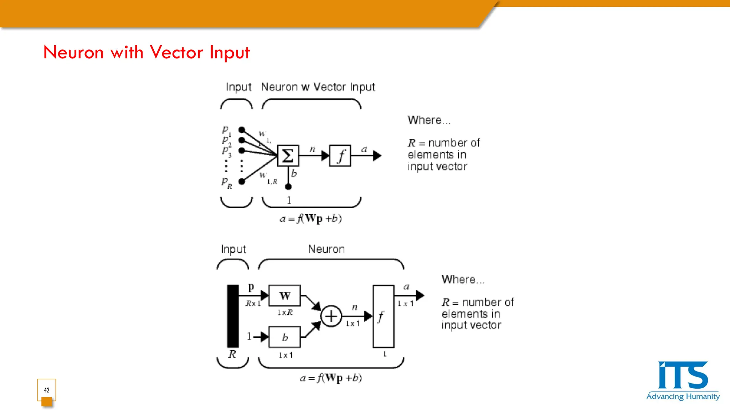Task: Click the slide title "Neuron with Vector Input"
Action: tap(146, 52)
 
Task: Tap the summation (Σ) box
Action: tap(288, 156)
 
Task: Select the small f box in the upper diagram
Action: tap(340, 156)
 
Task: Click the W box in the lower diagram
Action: tap(284, 295)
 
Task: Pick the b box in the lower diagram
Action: tap(284, 337)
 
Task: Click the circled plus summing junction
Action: tap(331, 316)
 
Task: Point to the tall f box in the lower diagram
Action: tap(383, 316)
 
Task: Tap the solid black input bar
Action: tap(233, 316)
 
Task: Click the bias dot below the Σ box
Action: tap(288, 186)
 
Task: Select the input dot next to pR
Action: tap(242, 182)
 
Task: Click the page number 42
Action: tap(47, 390)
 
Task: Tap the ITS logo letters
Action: tap(683, 375)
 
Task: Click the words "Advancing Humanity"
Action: tap(683, 396)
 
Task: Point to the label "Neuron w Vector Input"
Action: tap(318, 87)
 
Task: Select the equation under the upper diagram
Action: tap(310, 219)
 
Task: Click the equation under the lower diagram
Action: tap(330, 378)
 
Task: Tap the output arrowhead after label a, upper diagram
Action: tap(377, 156)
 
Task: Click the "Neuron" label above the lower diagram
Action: tap(326, 249)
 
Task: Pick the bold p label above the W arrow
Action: tap(251, 287)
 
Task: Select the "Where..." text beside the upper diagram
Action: tap(429, 120)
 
